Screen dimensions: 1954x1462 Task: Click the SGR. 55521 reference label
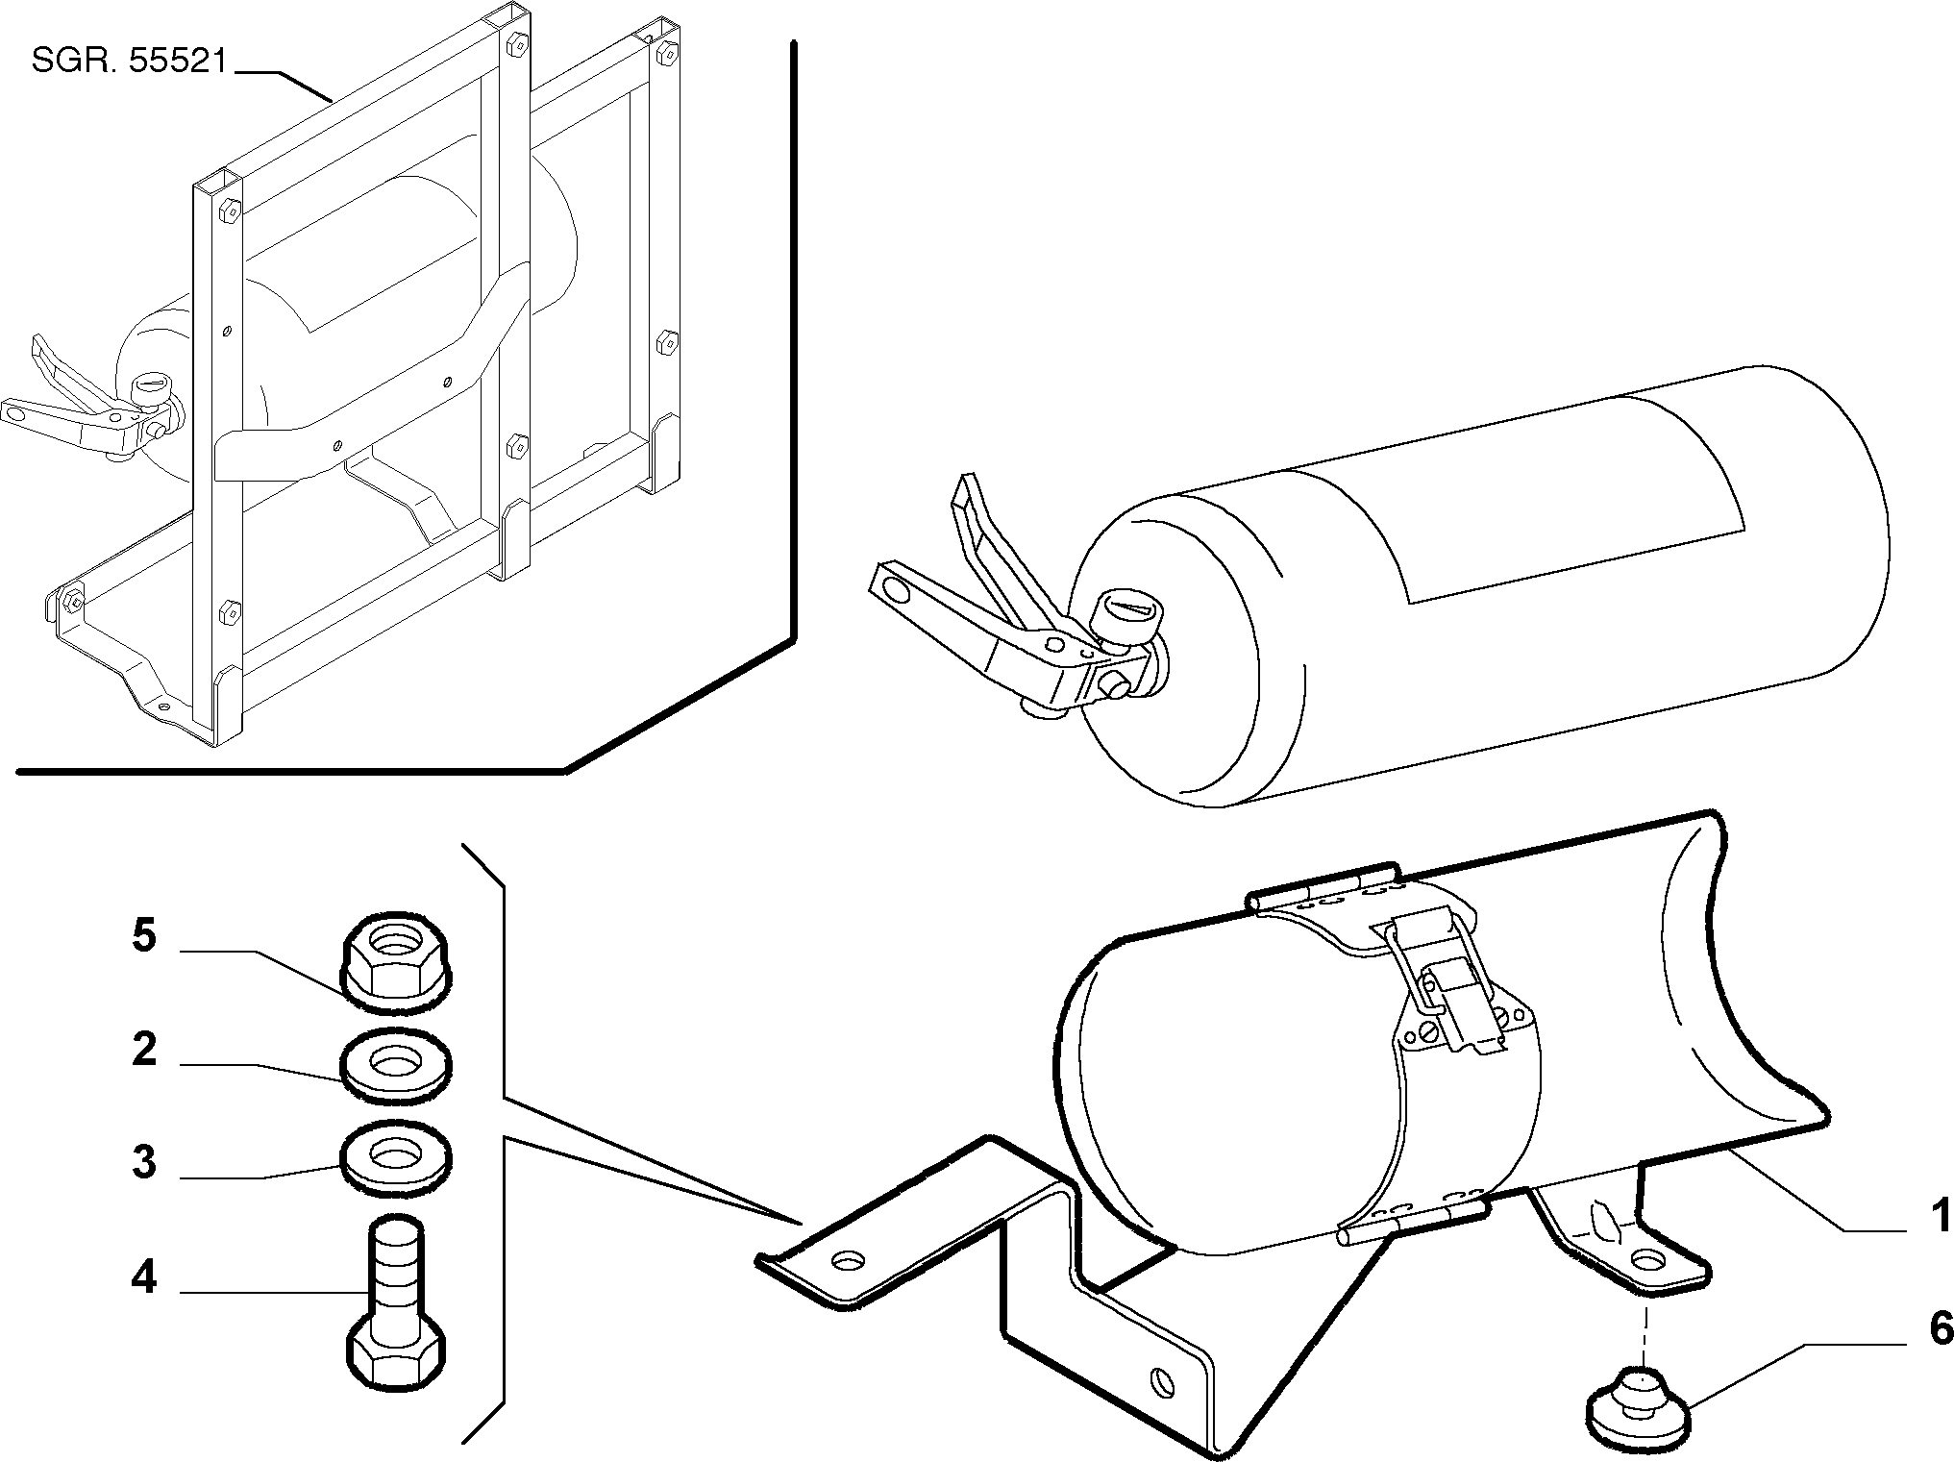pos(129,62)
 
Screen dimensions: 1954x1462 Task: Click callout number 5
pos(144,935)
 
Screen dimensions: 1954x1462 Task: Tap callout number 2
pos(144,1049)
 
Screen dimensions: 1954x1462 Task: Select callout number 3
pos(144,1162)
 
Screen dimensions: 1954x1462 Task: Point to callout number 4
pos(144,1277)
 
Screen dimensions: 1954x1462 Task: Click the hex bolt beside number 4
pos(395,1303)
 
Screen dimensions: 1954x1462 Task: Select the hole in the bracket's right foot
pos(1647,1257)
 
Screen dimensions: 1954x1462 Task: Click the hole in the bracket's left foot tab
pos(847,1258)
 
